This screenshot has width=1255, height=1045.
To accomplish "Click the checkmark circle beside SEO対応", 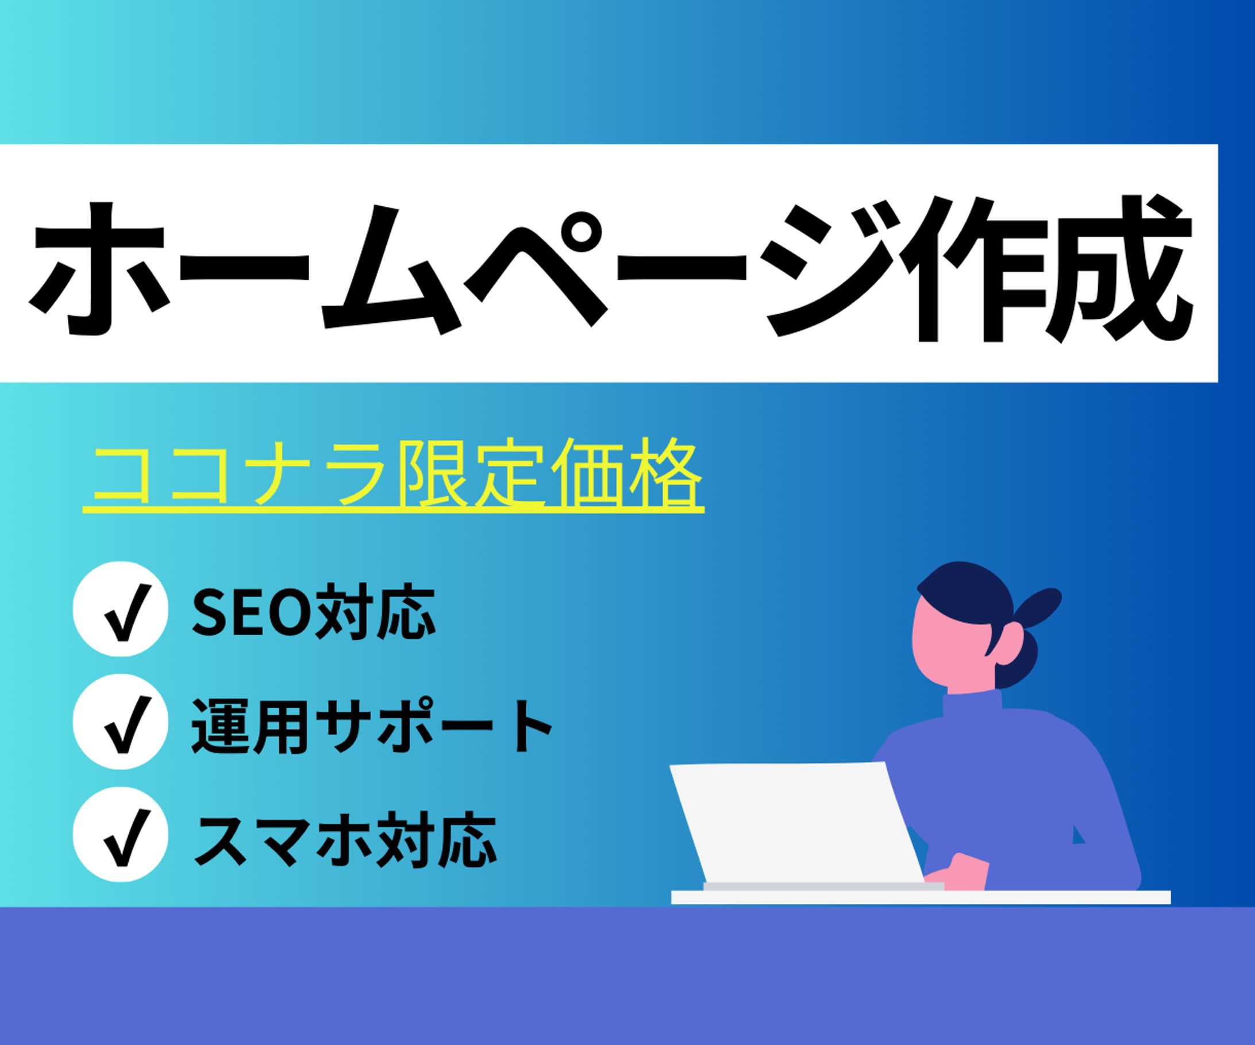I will (120, 609).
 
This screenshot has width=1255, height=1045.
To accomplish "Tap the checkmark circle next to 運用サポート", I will (120, 722).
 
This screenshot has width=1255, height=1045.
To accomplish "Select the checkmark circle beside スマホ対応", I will (120, 834).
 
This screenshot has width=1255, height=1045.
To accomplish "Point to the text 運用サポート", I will (372, 726).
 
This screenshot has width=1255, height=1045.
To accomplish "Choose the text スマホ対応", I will (345, 838).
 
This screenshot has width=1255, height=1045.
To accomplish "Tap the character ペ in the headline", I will (538, 269).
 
